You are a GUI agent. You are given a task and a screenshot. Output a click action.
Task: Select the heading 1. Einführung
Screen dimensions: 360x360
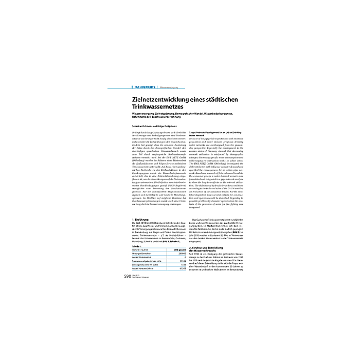tap(135, 219)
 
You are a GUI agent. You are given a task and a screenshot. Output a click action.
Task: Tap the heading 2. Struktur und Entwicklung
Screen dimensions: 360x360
tap(208, 247)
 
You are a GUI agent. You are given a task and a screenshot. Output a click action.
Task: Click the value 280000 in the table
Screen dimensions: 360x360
tap(179, 254)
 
